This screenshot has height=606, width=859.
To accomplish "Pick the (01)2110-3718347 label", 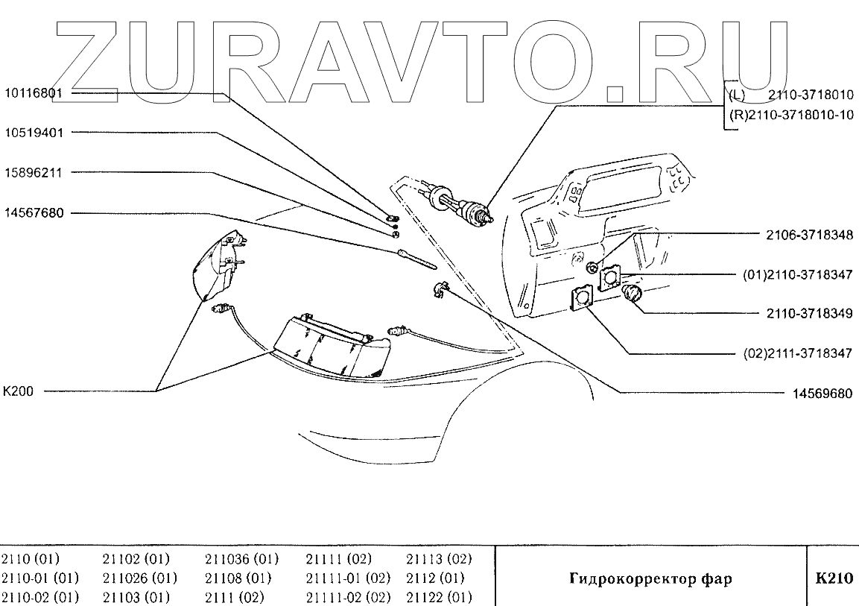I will point(797,274).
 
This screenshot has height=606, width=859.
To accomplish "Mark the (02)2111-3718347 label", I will point(797,353).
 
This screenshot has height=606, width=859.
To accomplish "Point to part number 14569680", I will point(820,393).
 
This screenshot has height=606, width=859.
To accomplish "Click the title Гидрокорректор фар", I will point(650,578).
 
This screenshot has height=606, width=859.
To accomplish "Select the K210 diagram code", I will point(833,578).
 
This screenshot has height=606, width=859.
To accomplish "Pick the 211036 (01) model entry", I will point(241,559).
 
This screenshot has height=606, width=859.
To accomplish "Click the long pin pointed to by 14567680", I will point(416,258).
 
